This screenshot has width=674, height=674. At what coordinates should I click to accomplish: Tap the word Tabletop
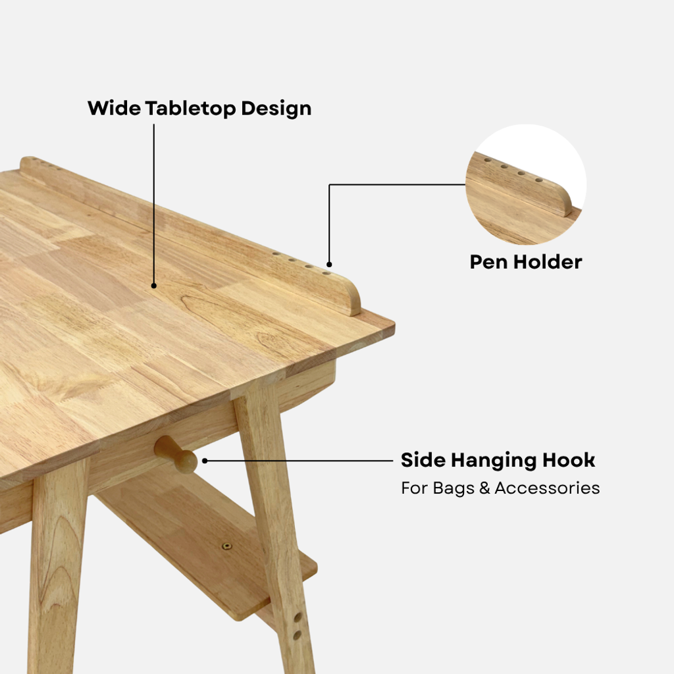(x=190, y=109)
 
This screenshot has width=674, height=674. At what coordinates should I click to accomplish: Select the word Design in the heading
(x=276, y=109)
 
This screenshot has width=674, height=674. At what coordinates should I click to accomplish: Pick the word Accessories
(x=547, y=488)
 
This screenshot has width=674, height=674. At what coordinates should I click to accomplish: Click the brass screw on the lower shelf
(x=226, y=546)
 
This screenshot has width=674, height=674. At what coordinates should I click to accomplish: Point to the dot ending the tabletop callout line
(x=154, y=286)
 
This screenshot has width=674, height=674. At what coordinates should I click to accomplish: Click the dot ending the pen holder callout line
(x=329, y=265)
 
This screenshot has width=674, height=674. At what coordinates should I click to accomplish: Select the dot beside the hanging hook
(x=205, y=461)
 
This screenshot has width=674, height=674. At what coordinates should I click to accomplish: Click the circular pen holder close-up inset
(x=526, y=184)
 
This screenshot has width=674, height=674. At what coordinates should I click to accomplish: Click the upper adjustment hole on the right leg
(x=297, y=617)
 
